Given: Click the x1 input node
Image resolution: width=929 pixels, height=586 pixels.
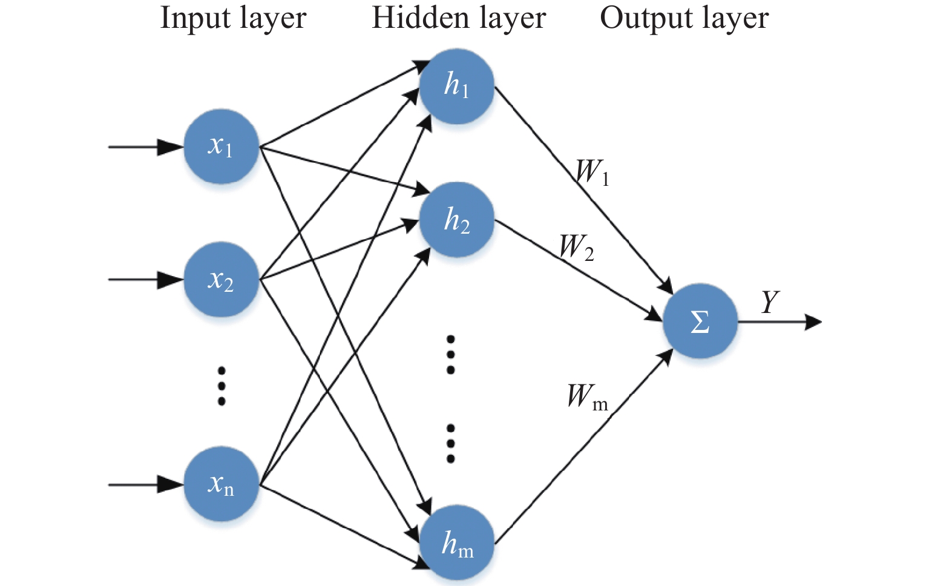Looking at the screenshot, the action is point(222,146).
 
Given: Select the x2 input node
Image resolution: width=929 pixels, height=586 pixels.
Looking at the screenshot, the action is point(222,280).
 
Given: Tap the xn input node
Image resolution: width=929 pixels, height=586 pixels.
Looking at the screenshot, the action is point(222,484).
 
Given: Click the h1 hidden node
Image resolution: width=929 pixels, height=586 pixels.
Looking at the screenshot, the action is point(456,86).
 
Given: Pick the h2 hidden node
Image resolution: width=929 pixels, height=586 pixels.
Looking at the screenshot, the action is point(456,219).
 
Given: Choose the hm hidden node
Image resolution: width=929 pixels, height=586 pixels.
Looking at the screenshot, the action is point(456,542).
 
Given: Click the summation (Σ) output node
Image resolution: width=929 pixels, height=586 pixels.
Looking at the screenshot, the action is point(700,321).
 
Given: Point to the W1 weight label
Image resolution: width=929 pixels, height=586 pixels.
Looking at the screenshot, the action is point(593,172).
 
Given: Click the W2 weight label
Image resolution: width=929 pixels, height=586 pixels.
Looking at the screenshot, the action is point(577,248).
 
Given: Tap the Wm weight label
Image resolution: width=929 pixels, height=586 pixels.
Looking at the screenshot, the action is point(587,397).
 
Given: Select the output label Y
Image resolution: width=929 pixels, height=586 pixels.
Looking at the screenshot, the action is point(770,301).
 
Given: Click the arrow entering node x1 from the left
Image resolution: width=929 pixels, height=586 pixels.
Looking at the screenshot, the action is point(146,147).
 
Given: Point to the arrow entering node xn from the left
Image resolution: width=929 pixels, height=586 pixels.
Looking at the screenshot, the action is point(146,484).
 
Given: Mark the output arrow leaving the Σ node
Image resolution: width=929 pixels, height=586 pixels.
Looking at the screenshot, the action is point(780,321).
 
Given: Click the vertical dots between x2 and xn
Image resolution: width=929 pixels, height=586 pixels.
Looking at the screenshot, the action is point(222,386).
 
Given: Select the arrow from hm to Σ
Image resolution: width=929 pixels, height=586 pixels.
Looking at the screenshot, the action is point(583,446).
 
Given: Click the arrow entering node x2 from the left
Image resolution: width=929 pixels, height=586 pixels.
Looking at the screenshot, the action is point(146,280).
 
